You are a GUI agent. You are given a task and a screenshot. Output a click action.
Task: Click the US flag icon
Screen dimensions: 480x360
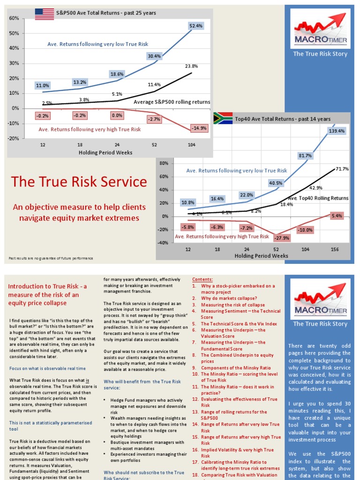[x=44, y=14]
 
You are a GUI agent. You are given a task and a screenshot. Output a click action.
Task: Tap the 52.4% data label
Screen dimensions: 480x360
[x=196, y=26]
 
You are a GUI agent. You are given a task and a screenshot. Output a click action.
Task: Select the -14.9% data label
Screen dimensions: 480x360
[x=196, y=128]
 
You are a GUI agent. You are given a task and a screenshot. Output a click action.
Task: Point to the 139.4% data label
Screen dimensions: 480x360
[x=337, y=131]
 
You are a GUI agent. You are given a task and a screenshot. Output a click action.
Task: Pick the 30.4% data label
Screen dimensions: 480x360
[x=154, y=56]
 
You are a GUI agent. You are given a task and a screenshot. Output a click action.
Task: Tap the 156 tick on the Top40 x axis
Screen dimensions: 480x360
[x=335, y=249]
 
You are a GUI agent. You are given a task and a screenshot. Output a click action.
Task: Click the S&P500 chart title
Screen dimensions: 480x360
[x=106, y=13]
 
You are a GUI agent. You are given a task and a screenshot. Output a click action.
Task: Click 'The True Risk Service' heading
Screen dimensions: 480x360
[x=79, y=182]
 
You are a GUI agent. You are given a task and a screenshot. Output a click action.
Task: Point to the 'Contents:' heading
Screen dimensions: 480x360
[x=202, y=278]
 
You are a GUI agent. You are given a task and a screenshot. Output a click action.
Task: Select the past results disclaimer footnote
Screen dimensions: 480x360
[x=51, y=258]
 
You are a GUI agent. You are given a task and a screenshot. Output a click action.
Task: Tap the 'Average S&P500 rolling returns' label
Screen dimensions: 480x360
[x=172, y=102]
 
